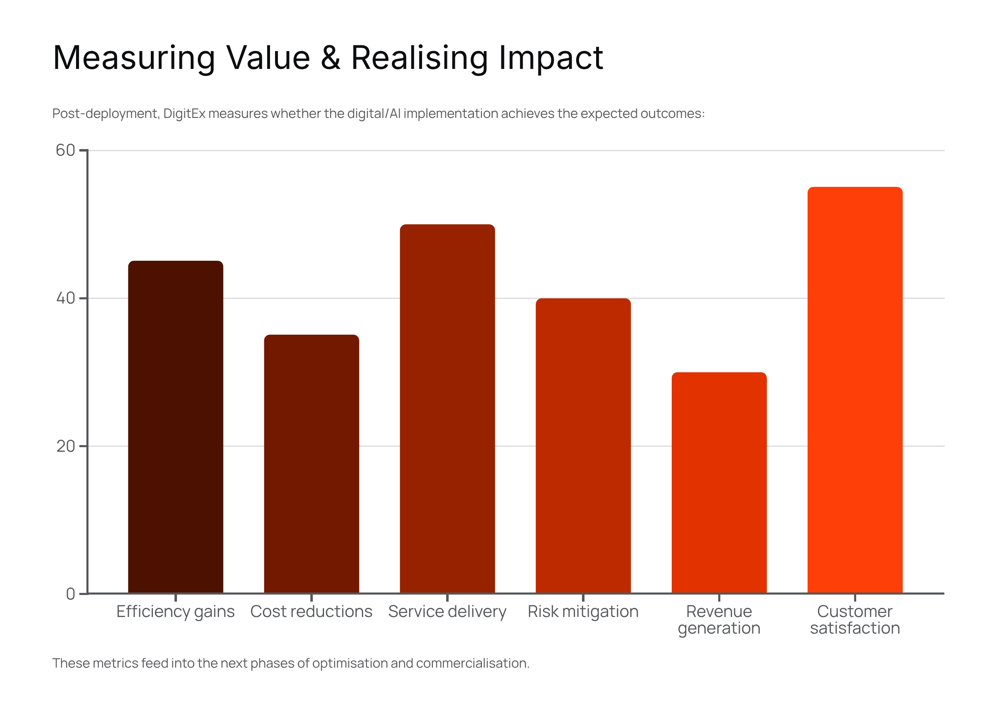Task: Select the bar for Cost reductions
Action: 311,463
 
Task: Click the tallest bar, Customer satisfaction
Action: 855,389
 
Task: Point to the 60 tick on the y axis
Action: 65,150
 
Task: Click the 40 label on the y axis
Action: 65,298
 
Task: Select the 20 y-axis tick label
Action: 65,446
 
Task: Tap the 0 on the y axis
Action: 70,594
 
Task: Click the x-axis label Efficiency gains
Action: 175,611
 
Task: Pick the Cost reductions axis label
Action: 311,611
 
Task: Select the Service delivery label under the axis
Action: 447,611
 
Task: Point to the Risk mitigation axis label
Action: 583,611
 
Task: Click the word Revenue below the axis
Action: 719,611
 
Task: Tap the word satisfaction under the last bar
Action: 855,628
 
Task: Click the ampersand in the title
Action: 331,58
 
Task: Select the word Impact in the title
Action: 551,59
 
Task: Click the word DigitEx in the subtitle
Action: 184,114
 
